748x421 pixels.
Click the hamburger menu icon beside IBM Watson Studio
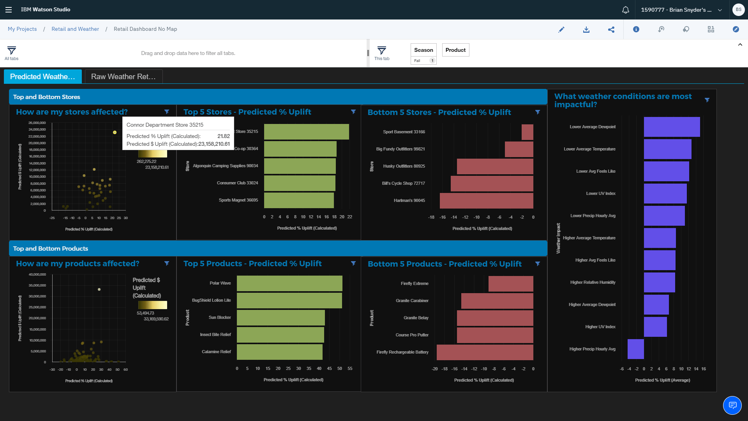(x=9, y=10)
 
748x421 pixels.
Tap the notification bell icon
(x=625, y=10)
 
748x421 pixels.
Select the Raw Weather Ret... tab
(x=123, y=77)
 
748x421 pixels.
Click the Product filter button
(x=455, y=50)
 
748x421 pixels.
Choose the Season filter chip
(x=423, y=50)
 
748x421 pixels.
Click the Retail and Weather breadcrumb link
(x=75, y=29)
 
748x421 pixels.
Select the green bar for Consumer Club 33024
(x=300, y=183)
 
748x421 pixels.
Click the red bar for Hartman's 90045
(x=486, y=201)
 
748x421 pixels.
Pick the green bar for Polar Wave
(x=289, y=283)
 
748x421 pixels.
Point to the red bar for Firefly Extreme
(x=511, y=284)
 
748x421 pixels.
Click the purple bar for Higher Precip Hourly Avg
(x=635, y=349)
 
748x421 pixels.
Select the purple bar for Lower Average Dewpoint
(x=672, y=127)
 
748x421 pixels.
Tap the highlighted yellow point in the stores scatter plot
(x=115, y=133)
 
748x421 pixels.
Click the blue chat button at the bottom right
(x=732, y=405)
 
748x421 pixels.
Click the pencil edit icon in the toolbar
(x=561, y=30)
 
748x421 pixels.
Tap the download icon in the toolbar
(x=586, y=30)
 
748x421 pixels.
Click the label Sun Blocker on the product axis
(x=219, y=318)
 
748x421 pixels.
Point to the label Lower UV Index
(x=600, y=194)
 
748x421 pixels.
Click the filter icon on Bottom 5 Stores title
(x=538, y=112)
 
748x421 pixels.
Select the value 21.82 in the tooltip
(x=223, y=136)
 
